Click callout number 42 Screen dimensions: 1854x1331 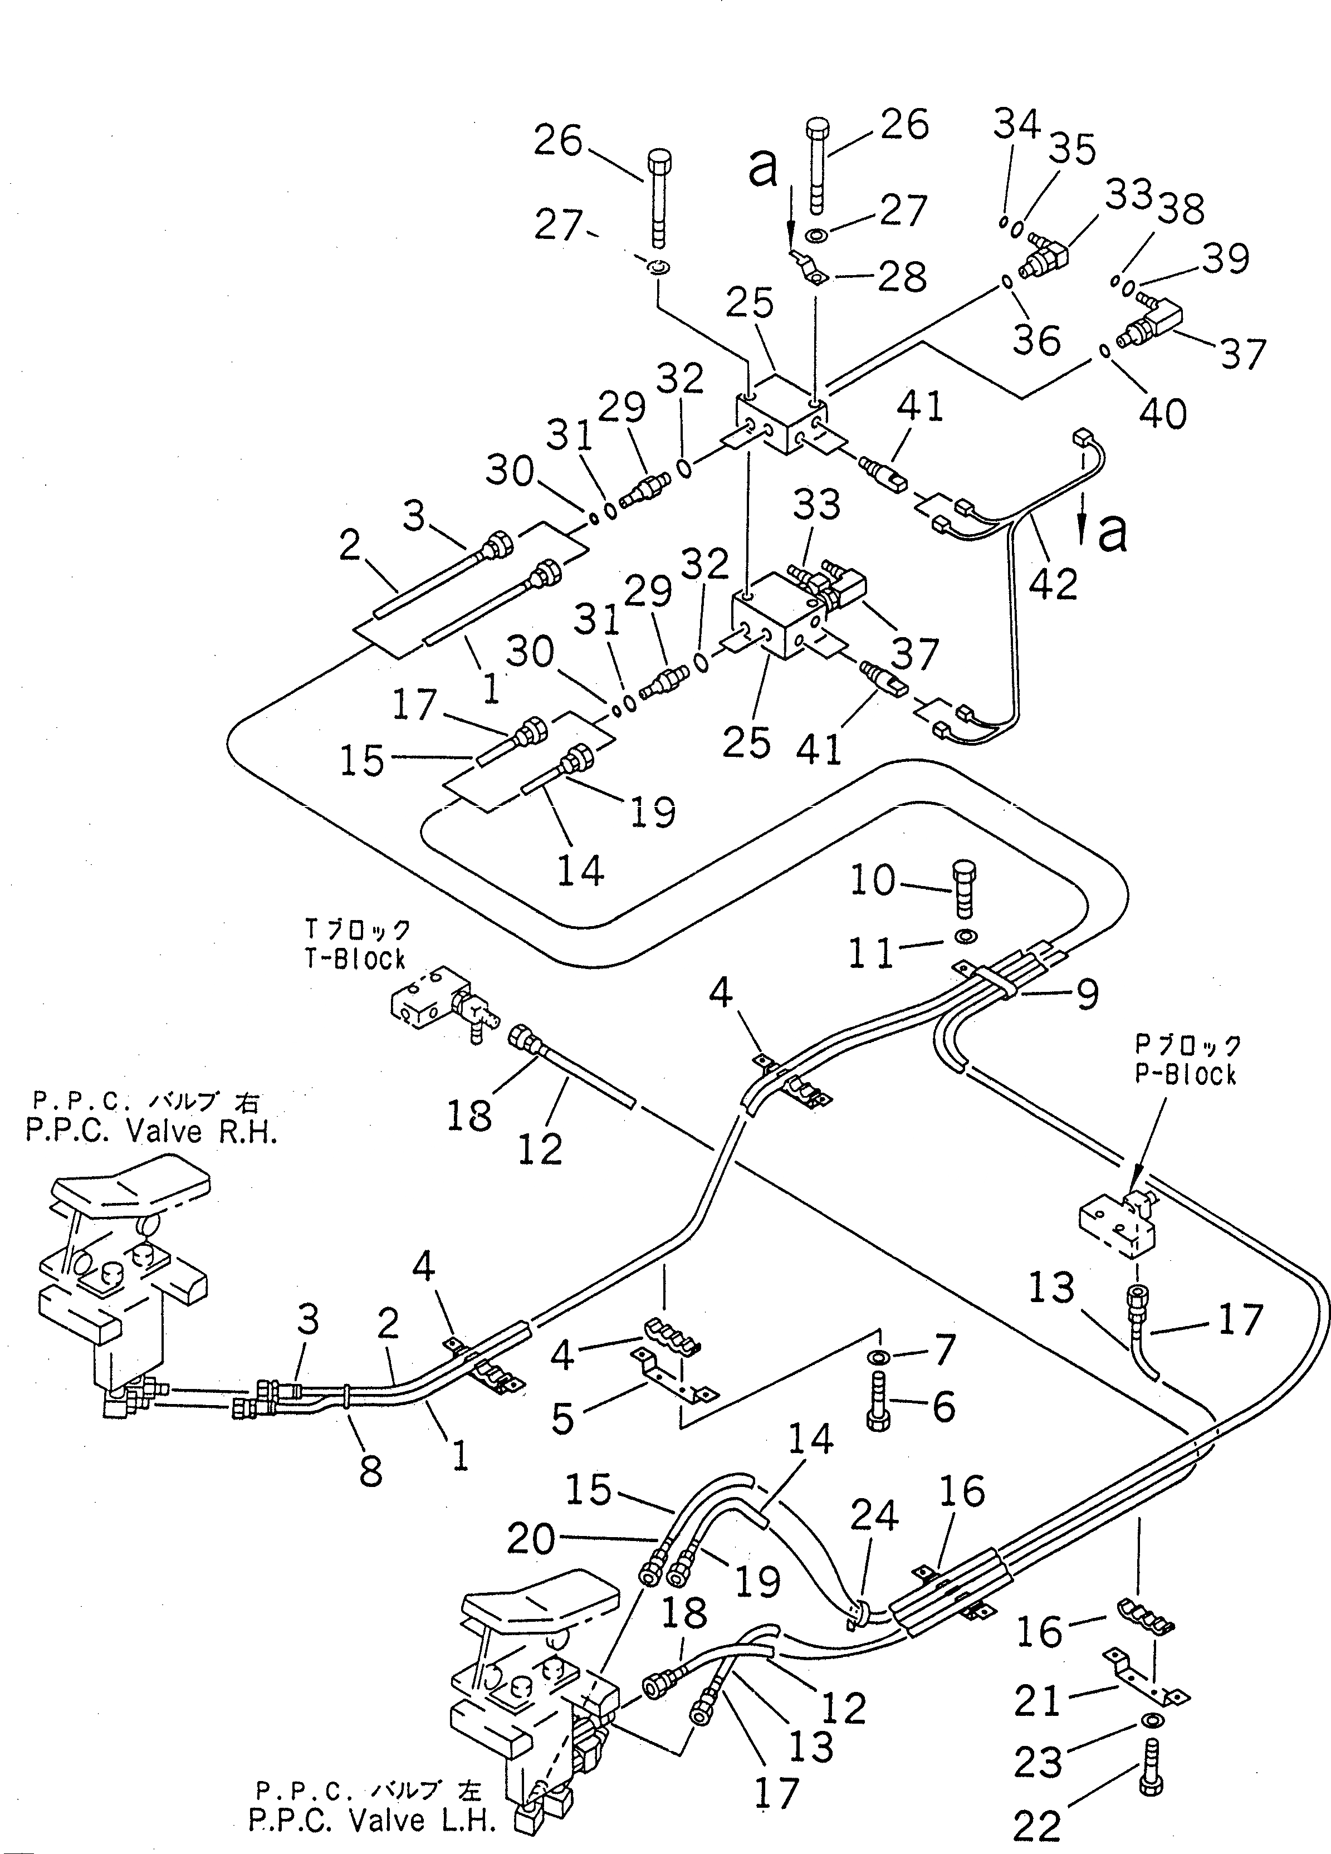point(1054,583)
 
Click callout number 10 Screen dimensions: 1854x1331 point(872,881)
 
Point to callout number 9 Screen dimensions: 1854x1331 point(1086,994)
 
